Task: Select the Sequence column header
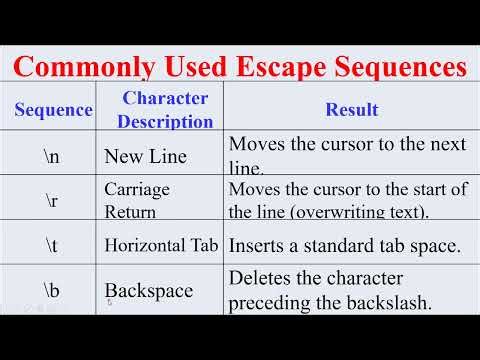53,110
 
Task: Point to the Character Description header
165,110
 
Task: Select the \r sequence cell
52,199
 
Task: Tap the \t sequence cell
52,243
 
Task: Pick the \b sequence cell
52,289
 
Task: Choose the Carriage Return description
137,199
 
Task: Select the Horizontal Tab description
162,244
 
